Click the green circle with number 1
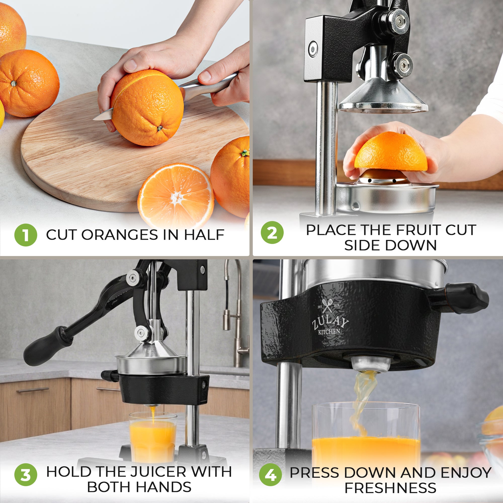pos(25,235)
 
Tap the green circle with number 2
pos(272,232)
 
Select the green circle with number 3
pos(25,474)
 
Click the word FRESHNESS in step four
pos(390,488)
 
